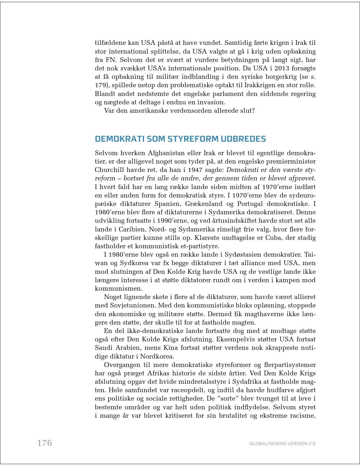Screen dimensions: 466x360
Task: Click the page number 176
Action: coord(45,443)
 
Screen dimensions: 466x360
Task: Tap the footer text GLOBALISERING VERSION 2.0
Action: coord(282,444)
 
